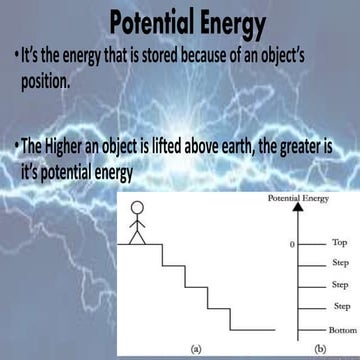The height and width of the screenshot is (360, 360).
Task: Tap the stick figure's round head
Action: click(140, 212)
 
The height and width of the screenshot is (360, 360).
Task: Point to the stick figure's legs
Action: click(140, 238)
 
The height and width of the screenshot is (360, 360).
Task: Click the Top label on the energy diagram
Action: click(338, 243)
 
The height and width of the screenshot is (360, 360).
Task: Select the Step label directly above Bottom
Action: click(339, 307)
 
